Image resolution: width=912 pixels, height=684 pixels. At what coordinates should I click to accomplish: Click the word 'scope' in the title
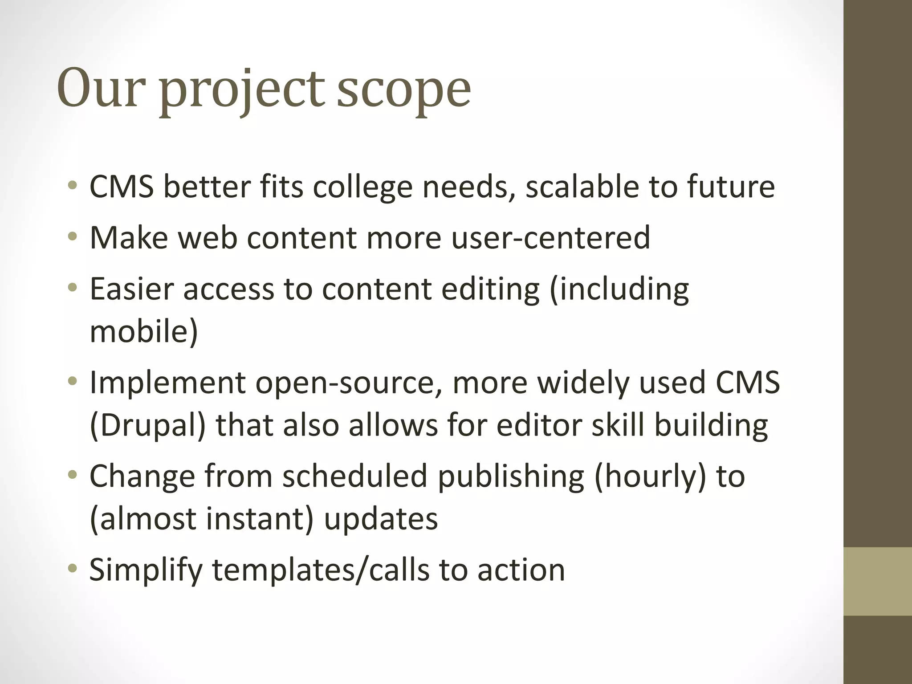click(x=403, y=89)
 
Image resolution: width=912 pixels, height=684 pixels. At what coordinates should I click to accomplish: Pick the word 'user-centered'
click(x=550, y=237)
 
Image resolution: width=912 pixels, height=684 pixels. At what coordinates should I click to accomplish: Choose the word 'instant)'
click(x=260, y=519)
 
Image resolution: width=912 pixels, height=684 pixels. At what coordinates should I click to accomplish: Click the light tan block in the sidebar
click(x=878, y=581)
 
